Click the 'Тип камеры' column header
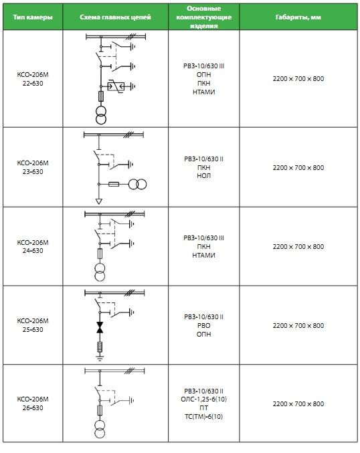click(x=33, y=17)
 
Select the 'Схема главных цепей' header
click(x=115, y=17)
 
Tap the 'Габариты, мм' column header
click(x=298, y=17)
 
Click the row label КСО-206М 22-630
click(x=33, y=79)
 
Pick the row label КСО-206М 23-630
click(x=33, y=167)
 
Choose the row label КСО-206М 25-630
click(x=33, y=325)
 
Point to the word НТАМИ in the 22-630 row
click(x=203, y=92)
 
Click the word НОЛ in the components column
click(x=203, y=176)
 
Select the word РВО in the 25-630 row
click(x=203, y=325)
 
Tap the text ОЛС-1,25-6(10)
click(x=203, y=399)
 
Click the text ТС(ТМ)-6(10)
click(x=203, y=417)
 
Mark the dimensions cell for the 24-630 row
click(x=298, y=246)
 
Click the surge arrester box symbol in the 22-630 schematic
click(x=116, y=86)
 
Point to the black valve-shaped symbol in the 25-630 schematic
click(x=100, y=327)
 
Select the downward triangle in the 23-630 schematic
click(x=99, y=201)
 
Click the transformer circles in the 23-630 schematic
click(x=137, y=184)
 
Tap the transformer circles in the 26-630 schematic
click(x=100, y=430)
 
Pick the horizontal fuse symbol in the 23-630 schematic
click(x=114, y=184)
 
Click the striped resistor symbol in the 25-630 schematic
click(x=100, y=347)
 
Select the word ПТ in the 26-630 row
click(x=203, y=408)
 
